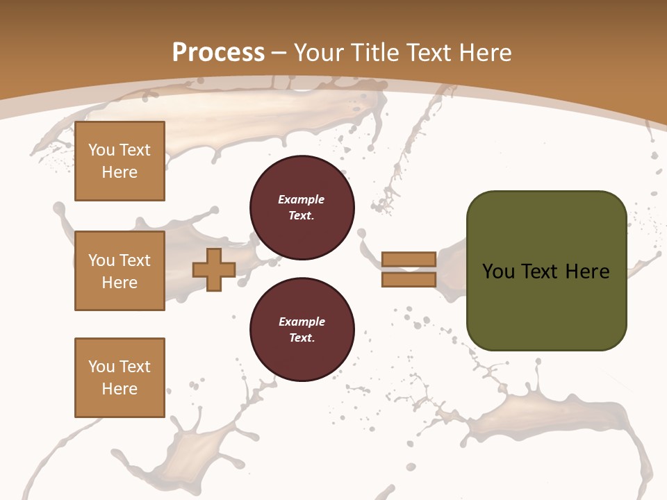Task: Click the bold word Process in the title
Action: tap(218, 52)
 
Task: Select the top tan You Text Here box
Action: tap(120, 161)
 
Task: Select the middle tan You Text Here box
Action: tap(120, 271)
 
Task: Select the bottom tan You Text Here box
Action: tap(120, 377)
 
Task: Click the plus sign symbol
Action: tap(214, 269)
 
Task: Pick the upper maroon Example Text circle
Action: tap(302, 208)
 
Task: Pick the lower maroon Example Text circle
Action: tap(302, 330)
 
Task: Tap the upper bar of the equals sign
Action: tap(409, 259)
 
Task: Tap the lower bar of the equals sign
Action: tap(409, 279)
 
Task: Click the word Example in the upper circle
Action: tap(302, 199)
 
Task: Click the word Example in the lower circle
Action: tap(302, 322)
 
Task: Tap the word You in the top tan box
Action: tap(101, 150)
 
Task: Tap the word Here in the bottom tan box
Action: tap(120, 389)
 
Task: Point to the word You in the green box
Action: tap(498, 271)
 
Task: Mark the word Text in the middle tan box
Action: tap(134, 260)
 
